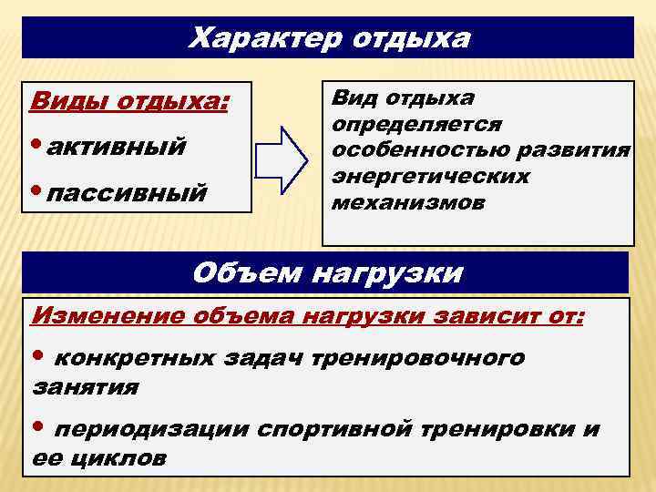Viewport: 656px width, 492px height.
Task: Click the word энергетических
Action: coord(431,176)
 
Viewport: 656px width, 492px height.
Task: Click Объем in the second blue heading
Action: coord(249,273)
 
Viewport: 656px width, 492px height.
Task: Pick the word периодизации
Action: coord(152,428)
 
